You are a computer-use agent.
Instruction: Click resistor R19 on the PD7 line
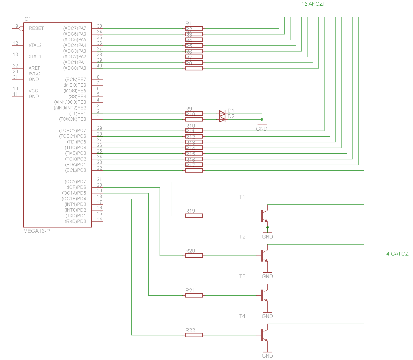194,216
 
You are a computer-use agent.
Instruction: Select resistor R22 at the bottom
194,335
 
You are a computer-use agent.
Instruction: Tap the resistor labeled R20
194,256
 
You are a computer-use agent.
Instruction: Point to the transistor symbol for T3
264,295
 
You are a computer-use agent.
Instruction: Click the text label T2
242,237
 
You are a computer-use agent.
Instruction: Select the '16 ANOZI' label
312,4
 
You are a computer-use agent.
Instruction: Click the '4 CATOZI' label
397,254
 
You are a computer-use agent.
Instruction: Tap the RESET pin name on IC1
36,28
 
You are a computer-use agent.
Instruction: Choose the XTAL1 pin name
35,57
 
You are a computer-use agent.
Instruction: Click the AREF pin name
34,68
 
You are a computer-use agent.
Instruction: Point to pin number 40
99,66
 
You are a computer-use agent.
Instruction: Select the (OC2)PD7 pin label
75,182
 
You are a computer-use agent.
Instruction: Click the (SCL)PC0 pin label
75,170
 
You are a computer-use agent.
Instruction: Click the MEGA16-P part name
37,231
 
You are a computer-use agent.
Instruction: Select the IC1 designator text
27,19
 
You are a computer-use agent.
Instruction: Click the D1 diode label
231,111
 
